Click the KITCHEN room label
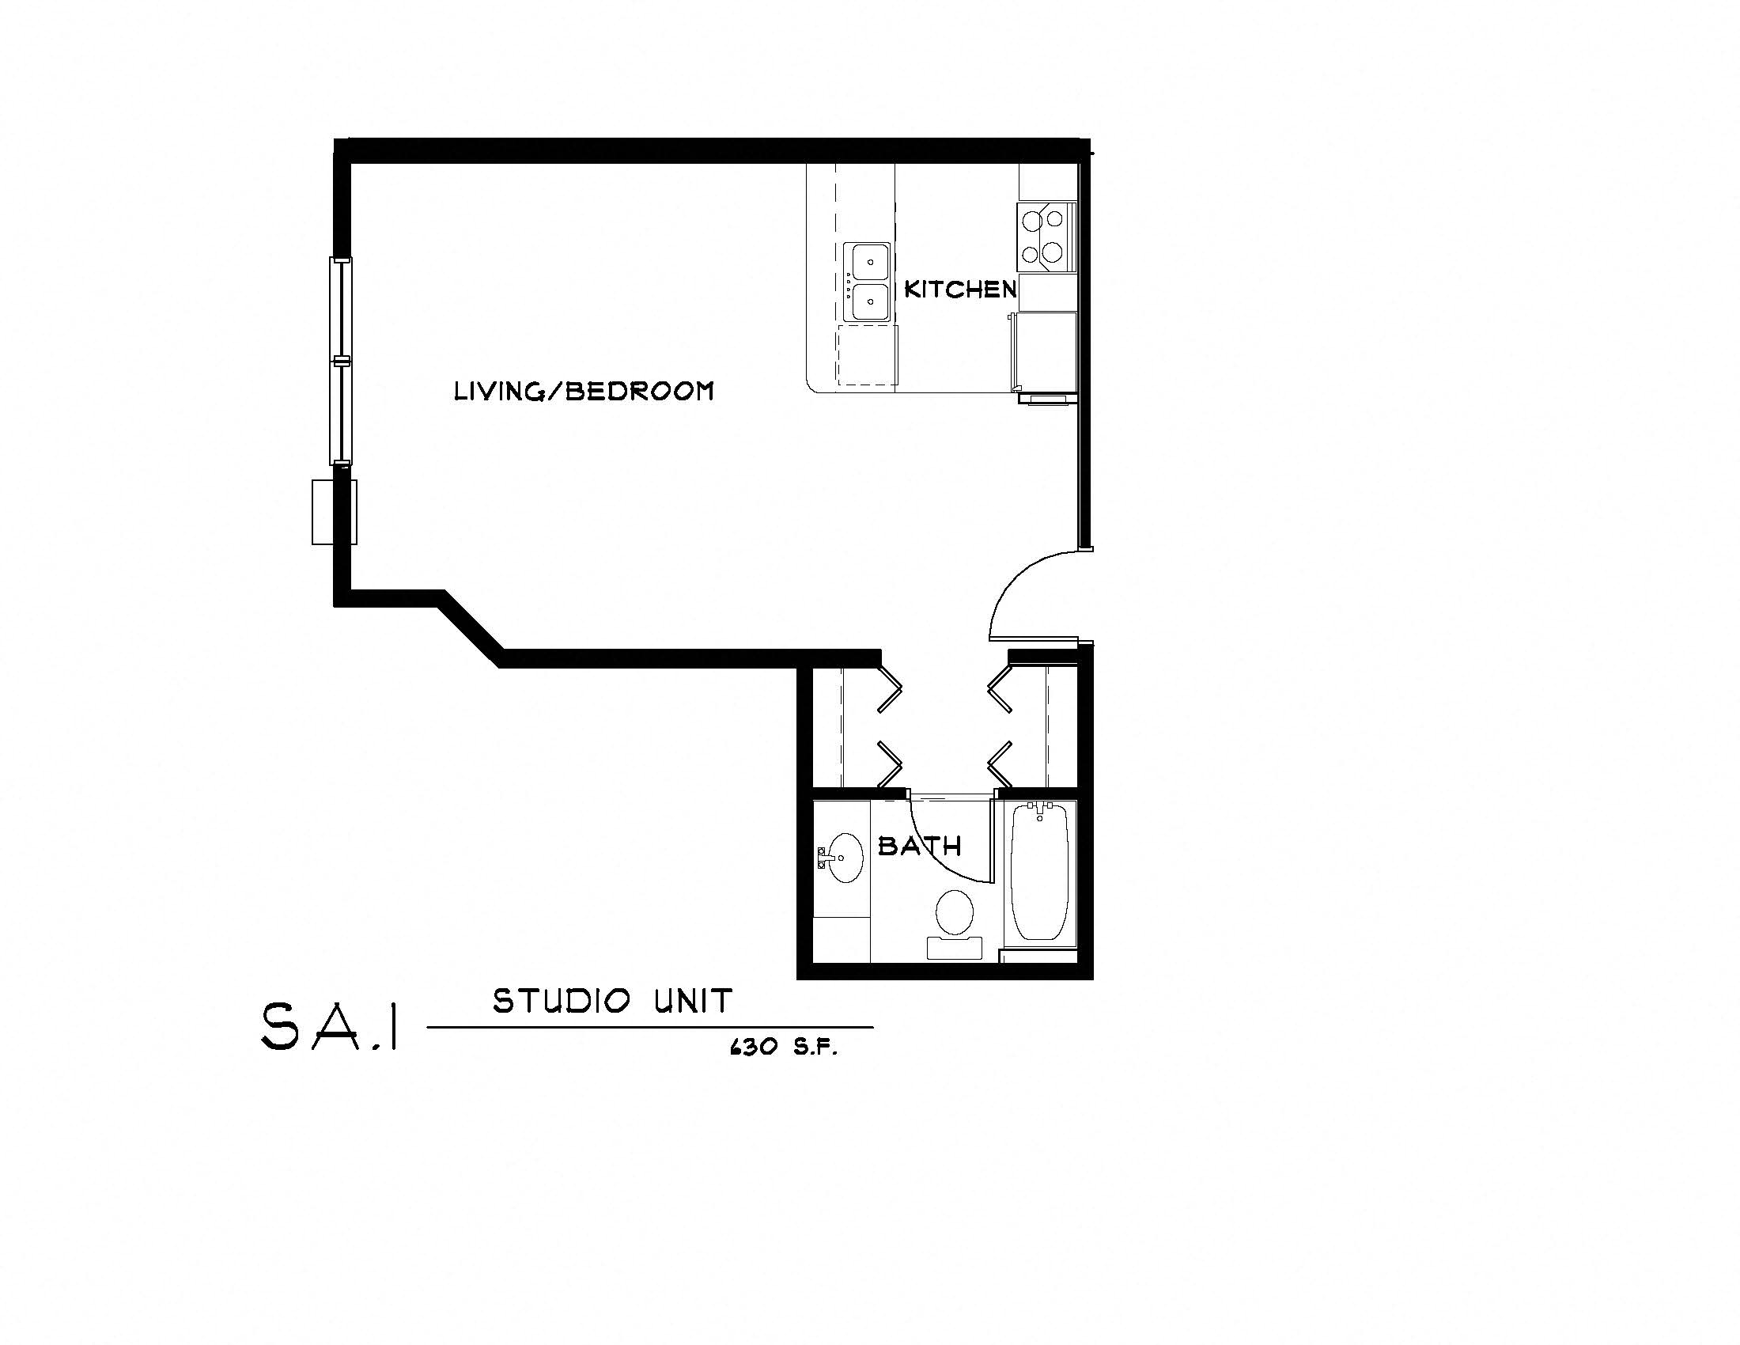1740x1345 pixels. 960,290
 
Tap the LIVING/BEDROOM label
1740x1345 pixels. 583,391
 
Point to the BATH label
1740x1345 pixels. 919,847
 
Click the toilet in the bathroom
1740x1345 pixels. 955,913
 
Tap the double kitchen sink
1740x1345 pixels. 867,283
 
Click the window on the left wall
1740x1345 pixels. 341,360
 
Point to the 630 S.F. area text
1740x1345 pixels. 783,1048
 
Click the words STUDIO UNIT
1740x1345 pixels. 612,1002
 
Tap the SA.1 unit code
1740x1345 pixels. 329,1026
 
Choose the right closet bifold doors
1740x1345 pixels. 1000,725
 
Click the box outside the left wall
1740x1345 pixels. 333,513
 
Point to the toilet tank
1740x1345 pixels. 955,947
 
